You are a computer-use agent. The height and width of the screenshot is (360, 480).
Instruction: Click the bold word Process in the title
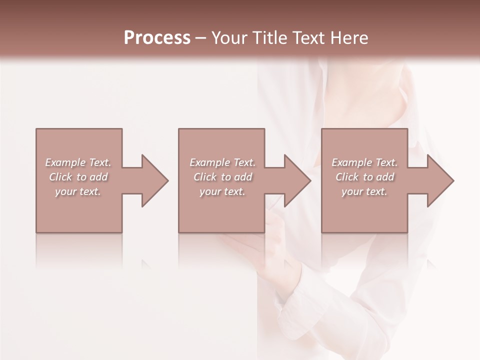click(157, 38)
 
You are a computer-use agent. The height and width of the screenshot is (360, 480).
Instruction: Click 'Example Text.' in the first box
click(78, 162)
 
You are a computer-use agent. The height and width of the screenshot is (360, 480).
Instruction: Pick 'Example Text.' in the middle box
click(222, 162)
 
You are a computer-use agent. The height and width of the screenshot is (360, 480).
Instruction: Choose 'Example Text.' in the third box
click(364, 162)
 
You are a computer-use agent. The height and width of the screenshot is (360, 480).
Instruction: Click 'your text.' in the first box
click(78, 191)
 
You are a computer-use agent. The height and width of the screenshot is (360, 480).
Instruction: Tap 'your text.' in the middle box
click(222, 191)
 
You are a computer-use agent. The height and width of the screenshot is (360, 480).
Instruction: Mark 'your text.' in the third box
click(364, 191)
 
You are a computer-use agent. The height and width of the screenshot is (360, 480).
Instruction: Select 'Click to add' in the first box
click(78, 177)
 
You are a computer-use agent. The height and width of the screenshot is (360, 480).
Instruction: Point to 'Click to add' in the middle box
click(222, 177)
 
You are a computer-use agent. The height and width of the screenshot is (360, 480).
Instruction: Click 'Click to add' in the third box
click(364, 177)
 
